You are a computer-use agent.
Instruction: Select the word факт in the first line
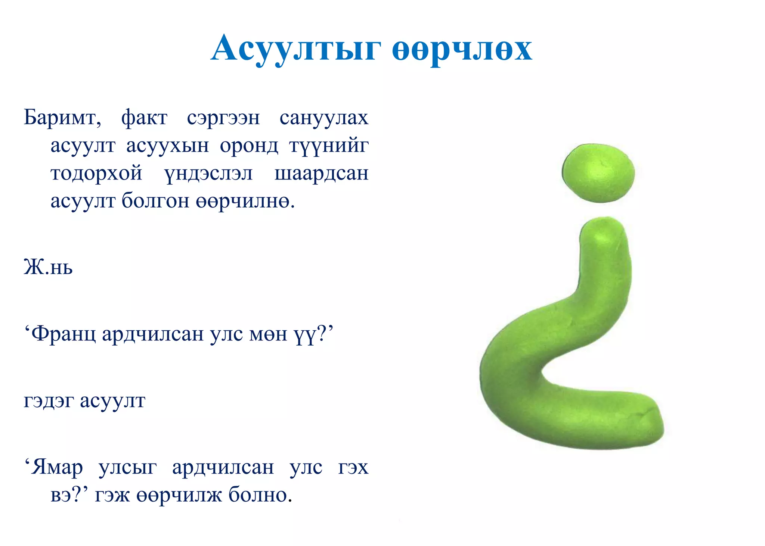pos(144,118)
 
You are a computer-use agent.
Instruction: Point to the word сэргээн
pos(223,118)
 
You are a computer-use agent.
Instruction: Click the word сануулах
pos(324,118)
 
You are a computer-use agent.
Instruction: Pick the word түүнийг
pos(329,146)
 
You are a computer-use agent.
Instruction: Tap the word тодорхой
pos(96,174)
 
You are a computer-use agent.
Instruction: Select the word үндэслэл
pos(208,174)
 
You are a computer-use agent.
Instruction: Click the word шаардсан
pos(321,174)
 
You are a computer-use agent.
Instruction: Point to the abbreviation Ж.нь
pos(48,267)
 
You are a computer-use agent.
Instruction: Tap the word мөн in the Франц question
pos(268,334)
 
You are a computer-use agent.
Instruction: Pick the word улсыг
pos(127,467)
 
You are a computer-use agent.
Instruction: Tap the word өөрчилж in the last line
pos(179,496)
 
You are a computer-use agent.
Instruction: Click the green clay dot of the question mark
pos(598,173)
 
